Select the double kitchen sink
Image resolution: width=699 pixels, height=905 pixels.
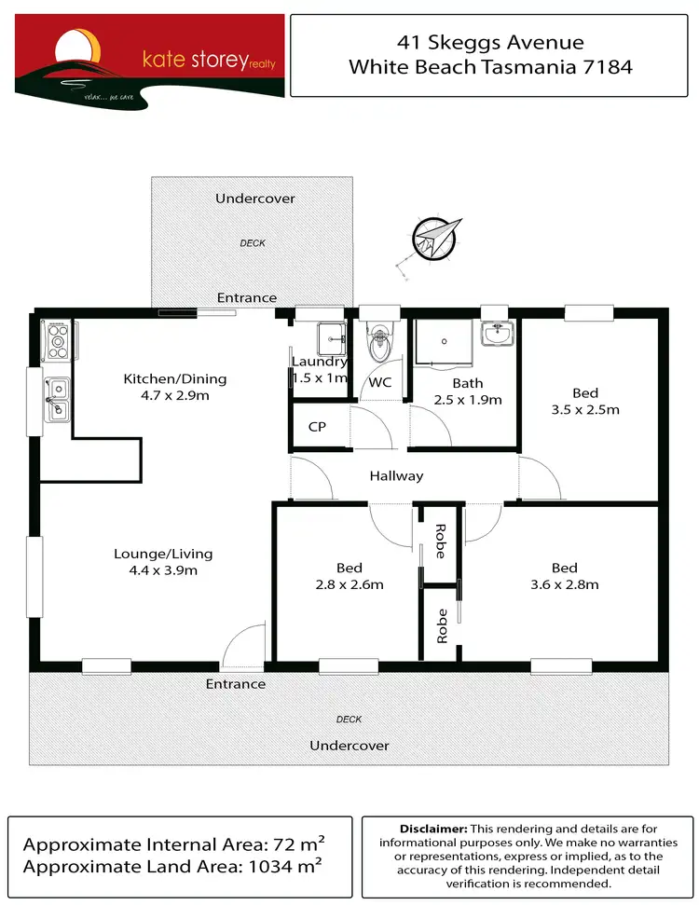[x=57, y=398]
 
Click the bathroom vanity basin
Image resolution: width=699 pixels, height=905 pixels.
[x=496, y=334]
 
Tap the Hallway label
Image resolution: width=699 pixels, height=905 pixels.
[x=396, y=475]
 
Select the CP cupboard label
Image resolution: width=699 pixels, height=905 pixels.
[x=316, y=427]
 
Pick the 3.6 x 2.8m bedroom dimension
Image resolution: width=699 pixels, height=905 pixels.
[x=564, y=584]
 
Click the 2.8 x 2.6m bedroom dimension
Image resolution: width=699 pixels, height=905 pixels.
[x=349, y=584]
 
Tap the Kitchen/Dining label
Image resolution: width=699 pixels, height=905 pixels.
[x=175, y=378]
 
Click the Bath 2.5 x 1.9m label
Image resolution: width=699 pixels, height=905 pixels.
[x=467, y=391]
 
